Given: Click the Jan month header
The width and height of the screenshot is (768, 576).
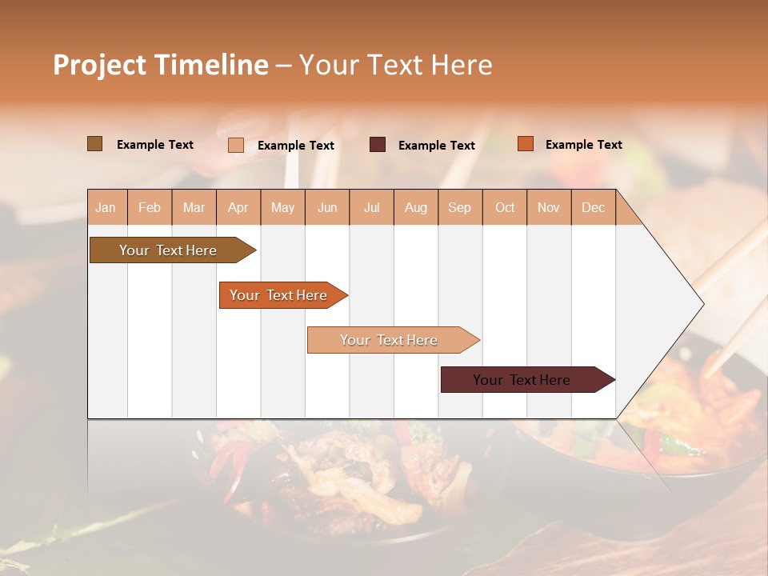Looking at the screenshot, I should pyautogui.click(x=106, y=207).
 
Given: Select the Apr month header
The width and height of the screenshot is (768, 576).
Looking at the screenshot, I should pyautogui.click(x=238, y=207).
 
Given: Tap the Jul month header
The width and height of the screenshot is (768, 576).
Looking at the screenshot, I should pyautogui.click(x=372, y=207).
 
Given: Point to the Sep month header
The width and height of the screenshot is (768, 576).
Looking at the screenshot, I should pyautogui.click(x=460, y=207).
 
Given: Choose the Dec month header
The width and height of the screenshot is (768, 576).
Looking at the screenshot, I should pyautogui.click(x=593, y=207).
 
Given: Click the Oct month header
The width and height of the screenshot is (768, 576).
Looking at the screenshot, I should pyautogui.click(x=505, y=207).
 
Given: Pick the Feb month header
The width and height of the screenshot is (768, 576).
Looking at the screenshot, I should pyautogui.click(x=150, y=207).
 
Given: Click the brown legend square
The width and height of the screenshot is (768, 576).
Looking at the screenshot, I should pyautogui.click(x=95, y=144).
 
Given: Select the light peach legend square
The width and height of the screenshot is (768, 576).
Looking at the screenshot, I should pyautogui.click(x=236, y=145).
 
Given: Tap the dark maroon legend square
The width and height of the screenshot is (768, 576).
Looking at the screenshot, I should pyautogui.click(x=378, y=145).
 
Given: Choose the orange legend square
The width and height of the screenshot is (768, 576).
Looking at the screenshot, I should pyautogui.click(x=525, y=144).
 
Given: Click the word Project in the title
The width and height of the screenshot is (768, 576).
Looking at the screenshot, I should pyautogui.click(x=100, y=65).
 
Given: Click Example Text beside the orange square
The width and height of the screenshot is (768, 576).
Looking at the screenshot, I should pyautogui.click(x=583, y=145).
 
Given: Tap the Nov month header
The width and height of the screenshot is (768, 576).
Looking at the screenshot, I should pyautogui.click(x=549, y=207).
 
